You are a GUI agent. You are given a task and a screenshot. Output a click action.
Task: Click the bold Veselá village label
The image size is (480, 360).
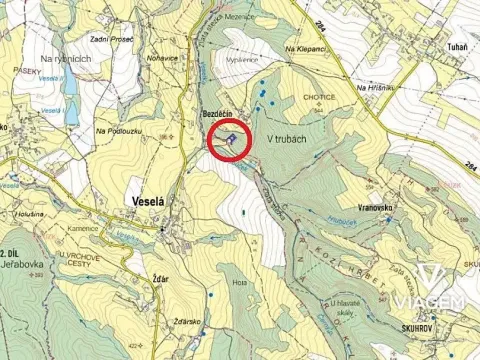tap(149, 199)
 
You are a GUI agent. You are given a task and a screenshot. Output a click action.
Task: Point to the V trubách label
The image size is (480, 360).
tap(285, 139)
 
